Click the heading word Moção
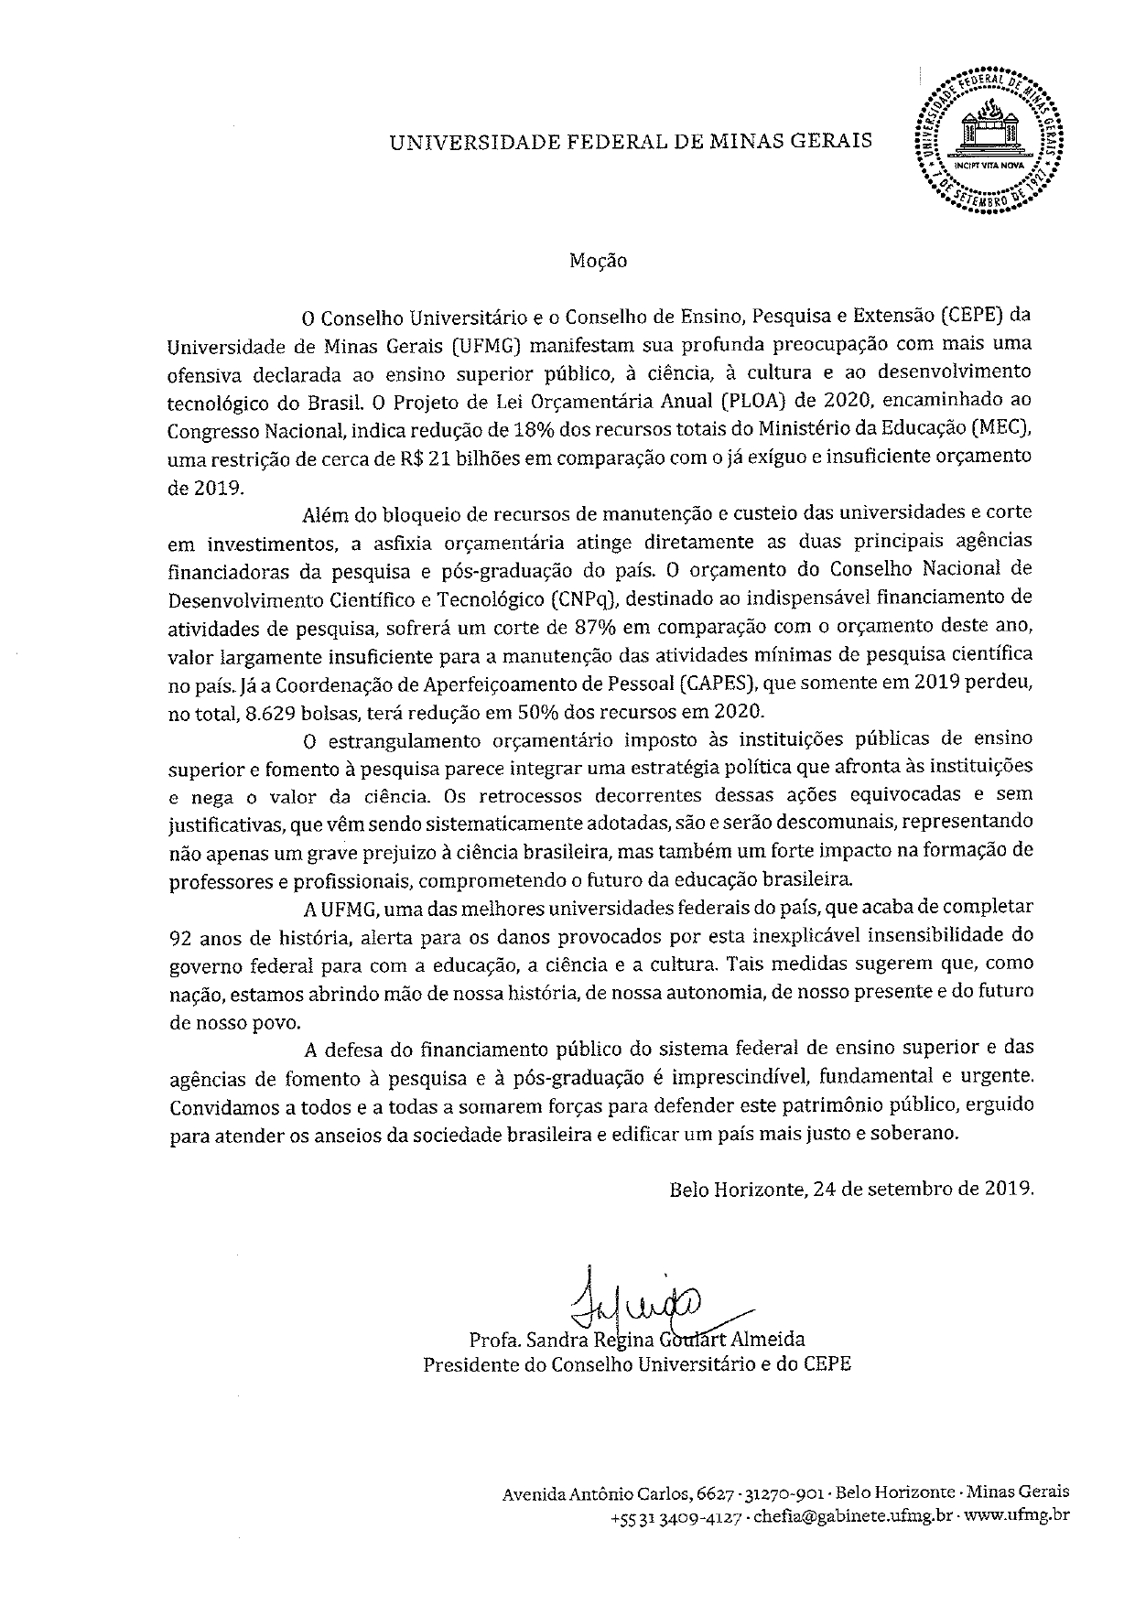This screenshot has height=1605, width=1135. [598, 261]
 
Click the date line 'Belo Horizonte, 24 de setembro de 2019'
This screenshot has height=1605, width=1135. [851, 1190]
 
